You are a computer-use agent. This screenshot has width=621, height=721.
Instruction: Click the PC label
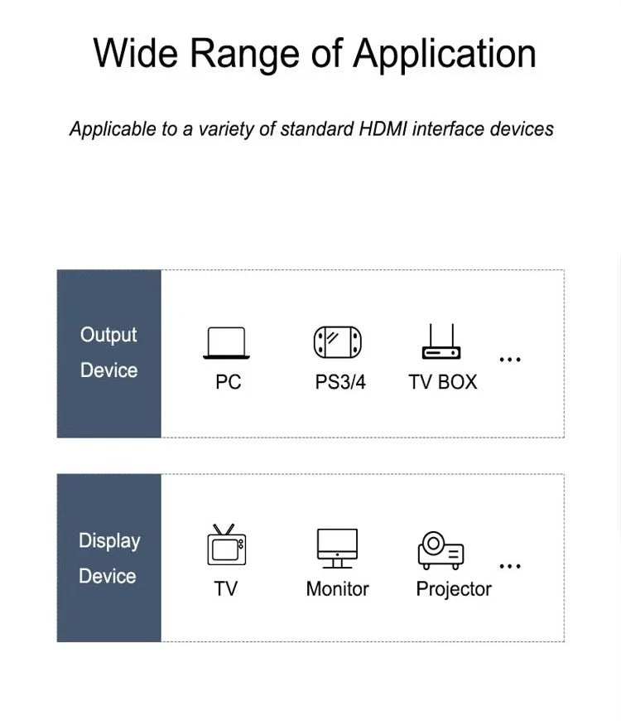coord(229,382)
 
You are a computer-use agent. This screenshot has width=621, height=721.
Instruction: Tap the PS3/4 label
coord(340,382)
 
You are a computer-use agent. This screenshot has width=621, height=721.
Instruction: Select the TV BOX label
coord(443,382)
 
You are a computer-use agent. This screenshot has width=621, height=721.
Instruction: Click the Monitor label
coord(338,589)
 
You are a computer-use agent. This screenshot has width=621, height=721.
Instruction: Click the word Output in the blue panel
coord(108,335)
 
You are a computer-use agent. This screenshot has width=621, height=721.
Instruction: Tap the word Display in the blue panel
coord(109,541)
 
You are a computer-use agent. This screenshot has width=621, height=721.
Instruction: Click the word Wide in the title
coord(136,53)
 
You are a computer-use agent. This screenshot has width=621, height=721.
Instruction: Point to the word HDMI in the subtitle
coord(383,128)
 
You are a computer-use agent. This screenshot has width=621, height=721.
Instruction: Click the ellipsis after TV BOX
coord(510,359)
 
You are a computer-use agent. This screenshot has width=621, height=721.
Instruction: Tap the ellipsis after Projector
coord(510,566)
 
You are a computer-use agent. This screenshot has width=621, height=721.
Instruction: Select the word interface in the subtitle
coord(448,128)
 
